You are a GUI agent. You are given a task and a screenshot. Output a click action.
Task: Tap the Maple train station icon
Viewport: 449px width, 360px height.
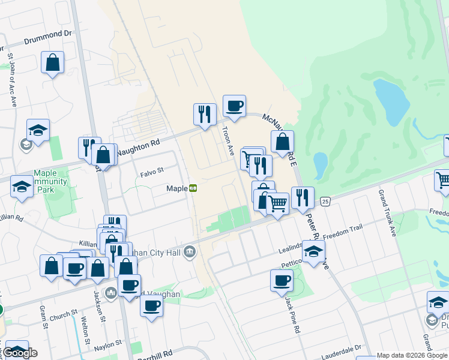(193, 188)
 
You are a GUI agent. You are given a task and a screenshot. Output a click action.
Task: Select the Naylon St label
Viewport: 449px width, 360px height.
(109, 343)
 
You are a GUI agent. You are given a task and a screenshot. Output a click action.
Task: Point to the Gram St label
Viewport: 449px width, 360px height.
(44, 317)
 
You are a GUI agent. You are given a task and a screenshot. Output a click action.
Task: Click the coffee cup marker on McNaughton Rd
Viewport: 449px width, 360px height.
(234, 106)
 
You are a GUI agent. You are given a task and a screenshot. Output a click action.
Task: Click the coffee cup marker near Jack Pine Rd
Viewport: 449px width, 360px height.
(282, 280)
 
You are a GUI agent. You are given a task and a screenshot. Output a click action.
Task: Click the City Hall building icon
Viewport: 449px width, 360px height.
(189, 250)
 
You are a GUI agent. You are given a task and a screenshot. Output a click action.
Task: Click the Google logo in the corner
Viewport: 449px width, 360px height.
(20, 353)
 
